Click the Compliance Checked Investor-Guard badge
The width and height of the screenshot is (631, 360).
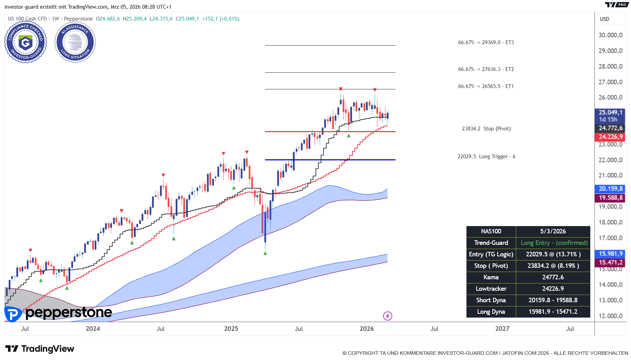pyautogui.click(x=25, y=42)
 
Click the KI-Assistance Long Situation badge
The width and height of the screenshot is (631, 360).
pyautogui.click(x=75, y=42)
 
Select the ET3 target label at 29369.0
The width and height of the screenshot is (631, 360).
pyautogui.click(x=486, y=42)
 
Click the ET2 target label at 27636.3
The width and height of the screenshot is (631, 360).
pyautogui.click(x=486, y=69)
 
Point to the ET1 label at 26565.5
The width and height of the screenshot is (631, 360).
pyautogui.click(x=486, y=86)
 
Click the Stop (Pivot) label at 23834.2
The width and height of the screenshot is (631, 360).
pyautogui.click(x=486, y=129)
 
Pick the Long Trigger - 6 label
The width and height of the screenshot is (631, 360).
pyautogui.click(x=486, y=157)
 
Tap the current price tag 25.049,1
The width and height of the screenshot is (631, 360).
pyautogui.click(x=610, y=112)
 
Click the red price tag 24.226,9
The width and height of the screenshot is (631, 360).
pyautogui.click(x=610, y=137)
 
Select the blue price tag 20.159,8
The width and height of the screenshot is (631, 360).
pyautogui.click(x=610, y=189)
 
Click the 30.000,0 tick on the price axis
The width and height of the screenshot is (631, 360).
pyautogui.click(x=610, y=35)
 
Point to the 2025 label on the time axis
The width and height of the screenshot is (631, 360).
pyautogui.click(x=231, y=329)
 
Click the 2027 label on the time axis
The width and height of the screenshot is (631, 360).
pyautogui.click(x=502, y=329)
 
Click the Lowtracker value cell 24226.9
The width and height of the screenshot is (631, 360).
pyautogui.click(x=553, y=289)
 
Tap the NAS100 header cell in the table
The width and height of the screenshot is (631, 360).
pyautogui.click(x=491, y=231)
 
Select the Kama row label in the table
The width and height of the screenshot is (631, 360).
pyautogui.click(x=491, y=277)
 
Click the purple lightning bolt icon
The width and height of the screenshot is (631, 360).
pyautogui.click(x=388, y=316)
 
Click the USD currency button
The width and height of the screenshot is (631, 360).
pyautogui.click(x=605, y=19)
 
